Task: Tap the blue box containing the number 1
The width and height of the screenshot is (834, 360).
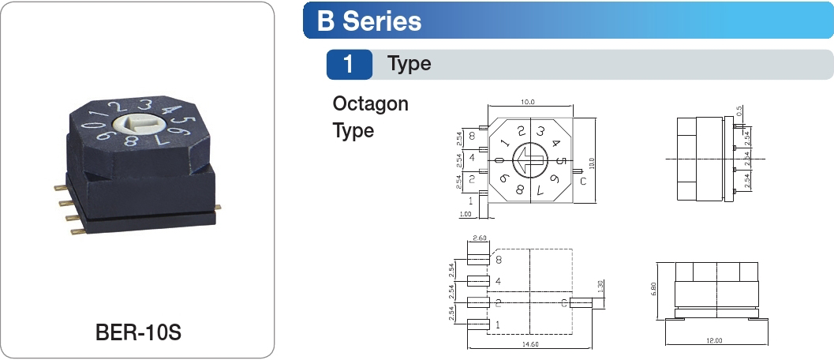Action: [x=349, y=64]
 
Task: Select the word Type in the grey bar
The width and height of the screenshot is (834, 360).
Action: [x=410, y=64]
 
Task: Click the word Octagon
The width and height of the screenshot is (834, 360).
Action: [x=371, y=104]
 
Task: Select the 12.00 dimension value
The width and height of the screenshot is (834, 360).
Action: [x=713, y=340]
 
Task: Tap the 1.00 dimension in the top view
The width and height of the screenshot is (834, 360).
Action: [x=465, y=214]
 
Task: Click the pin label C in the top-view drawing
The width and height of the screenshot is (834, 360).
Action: [x=582, y=182]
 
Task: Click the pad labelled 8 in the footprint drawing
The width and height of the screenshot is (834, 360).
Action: [x=478, y=257]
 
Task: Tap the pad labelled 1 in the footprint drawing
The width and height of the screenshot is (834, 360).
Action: [x=478, y=324]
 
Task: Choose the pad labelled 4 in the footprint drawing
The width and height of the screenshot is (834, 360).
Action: [x=478, y=280]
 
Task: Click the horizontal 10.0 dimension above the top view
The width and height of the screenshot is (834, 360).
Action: [x=527, y=103]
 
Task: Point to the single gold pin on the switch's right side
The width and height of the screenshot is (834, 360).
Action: [x=218, y=208]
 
